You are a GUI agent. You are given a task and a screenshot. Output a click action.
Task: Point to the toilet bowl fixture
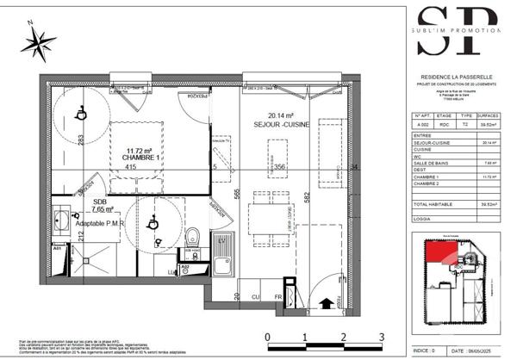194,235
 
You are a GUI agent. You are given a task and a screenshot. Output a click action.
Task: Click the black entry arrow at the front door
327,302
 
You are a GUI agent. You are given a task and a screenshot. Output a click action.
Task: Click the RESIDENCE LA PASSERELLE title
457,76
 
